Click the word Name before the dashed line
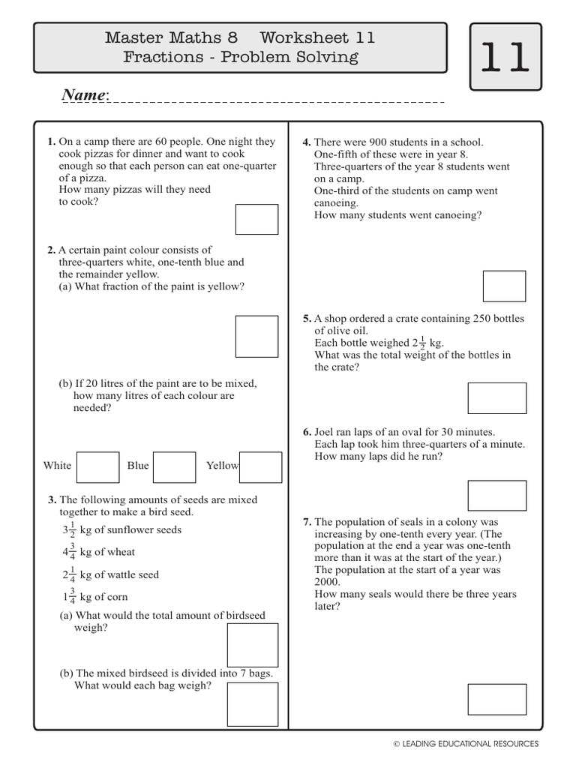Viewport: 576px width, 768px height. point(84,95)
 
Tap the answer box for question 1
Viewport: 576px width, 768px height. point(256,219)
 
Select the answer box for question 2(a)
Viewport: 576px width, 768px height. point(256,336)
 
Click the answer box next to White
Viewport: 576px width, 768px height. point(98,466)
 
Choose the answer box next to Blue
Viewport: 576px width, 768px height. point(175,466)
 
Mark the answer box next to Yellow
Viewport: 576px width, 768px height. point(260,466)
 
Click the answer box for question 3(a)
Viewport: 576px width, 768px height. point(253,645)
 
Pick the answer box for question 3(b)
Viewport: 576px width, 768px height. point(253,704)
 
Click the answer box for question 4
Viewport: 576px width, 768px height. point(504,286)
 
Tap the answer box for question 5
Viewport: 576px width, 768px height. point(496,398)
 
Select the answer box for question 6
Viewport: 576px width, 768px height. point(496,496)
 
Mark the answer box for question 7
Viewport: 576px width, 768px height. point(496,699)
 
